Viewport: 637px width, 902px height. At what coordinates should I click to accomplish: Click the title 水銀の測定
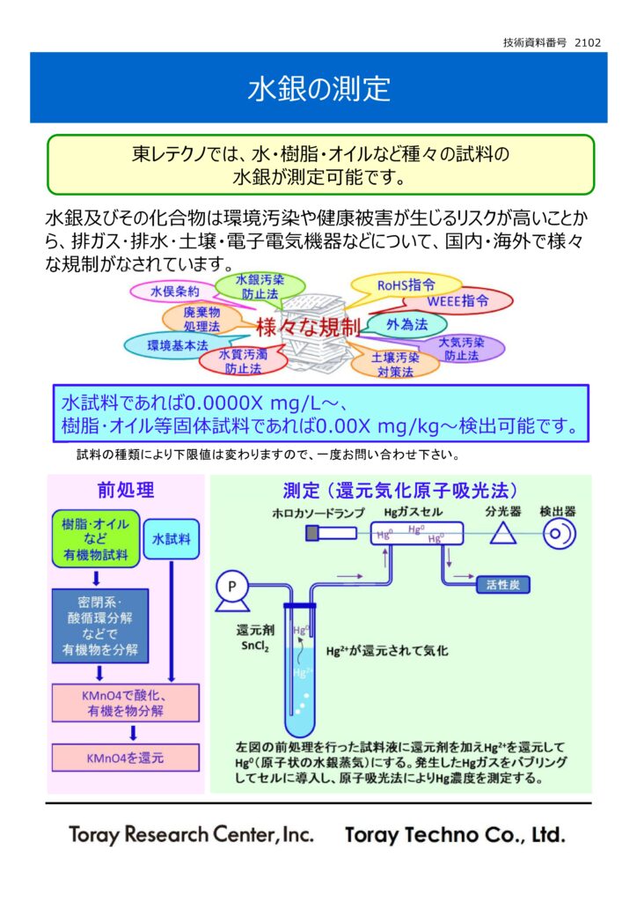coord(318,88)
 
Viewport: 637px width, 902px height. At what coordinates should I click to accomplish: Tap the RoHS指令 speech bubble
coord(406,285)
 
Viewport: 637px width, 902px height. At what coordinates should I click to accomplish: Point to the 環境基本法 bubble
coord(178,345)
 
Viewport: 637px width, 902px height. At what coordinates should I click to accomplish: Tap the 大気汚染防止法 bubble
coord(461,349)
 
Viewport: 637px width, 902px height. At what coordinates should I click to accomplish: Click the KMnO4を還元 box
coord(125,757)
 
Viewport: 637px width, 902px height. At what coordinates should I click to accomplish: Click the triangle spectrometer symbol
coord(502,533)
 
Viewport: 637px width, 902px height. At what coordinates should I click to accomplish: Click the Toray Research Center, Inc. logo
coord(192,834)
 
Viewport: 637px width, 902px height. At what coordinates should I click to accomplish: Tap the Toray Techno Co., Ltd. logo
coord(455,834)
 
